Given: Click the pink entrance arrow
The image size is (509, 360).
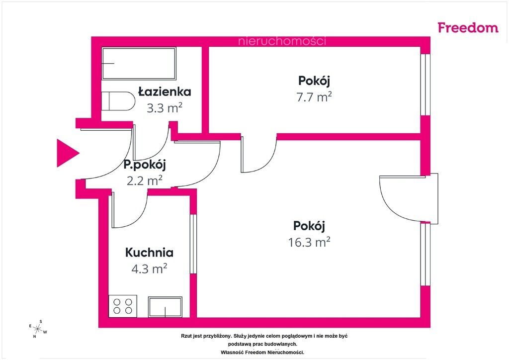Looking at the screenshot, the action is click(67, 153).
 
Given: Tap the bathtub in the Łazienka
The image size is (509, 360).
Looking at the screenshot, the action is click(139, 63).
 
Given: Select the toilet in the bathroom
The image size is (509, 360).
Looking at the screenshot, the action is click(118, 101).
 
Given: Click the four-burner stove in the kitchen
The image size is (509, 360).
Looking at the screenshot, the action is click(123, 306).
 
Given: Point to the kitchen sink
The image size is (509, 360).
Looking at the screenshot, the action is click(165, 307).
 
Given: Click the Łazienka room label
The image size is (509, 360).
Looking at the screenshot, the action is click(165, 92).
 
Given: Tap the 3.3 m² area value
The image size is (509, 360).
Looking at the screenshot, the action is click(165, 108).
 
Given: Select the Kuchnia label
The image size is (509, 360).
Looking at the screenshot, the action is click(149, 252).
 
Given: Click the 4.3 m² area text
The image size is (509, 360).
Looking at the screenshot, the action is click(149, 269).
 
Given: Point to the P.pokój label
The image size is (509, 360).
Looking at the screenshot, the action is click(145, 165).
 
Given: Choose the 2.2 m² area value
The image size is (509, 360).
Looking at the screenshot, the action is click(145, 180).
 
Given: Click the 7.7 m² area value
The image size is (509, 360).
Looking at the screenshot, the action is click(314, 97).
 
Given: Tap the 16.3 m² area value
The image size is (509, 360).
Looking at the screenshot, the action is click(309, 242).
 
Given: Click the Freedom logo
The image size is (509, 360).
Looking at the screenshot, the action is click(468, 27).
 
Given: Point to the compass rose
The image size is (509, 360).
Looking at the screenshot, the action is click(38, 329).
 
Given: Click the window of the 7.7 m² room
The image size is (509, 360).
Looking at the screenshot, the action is click(425, 85).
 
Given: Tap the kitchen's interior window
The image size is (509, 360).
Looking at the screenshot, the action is click(193, 244).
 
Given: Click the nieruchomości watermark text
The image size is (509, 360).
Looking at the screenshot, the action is click(282, 41).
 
